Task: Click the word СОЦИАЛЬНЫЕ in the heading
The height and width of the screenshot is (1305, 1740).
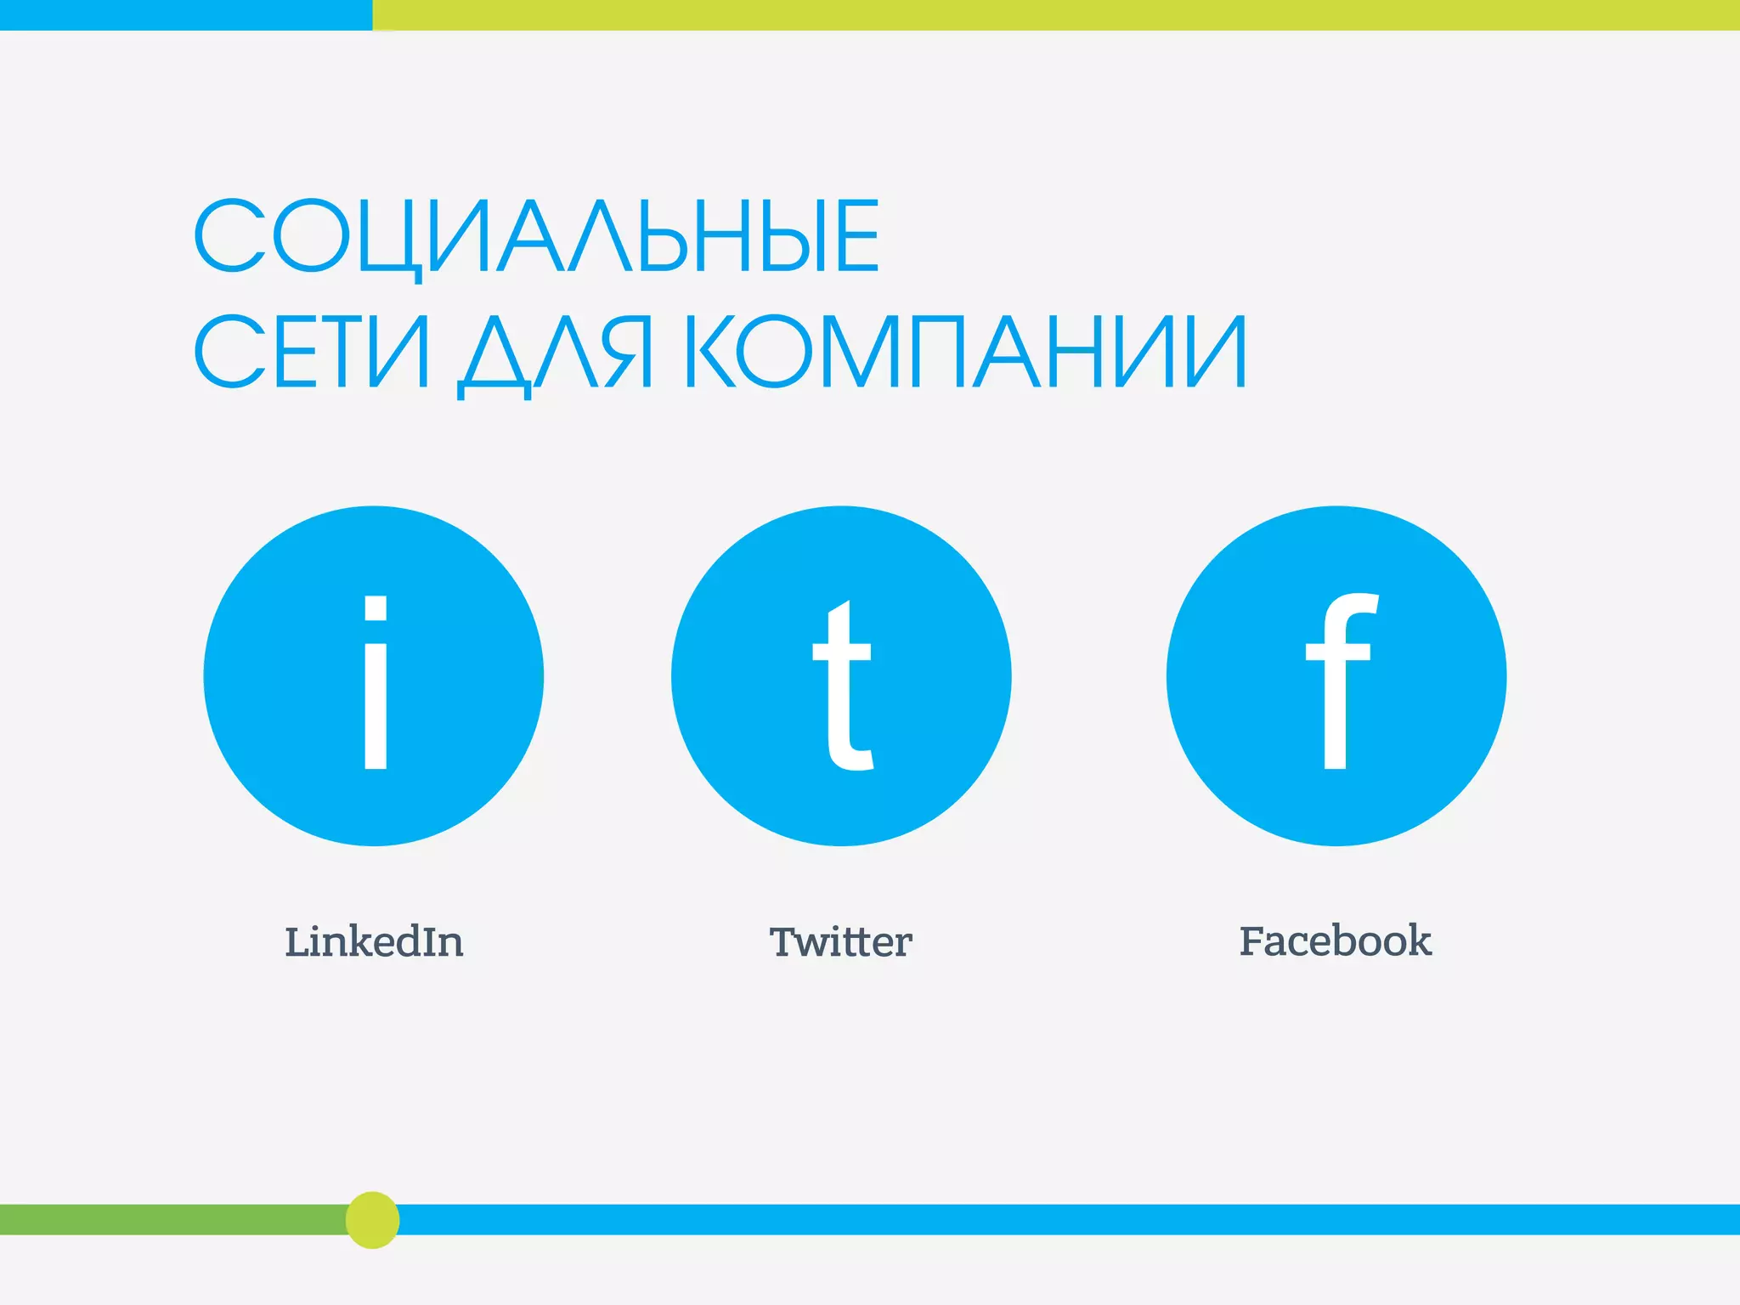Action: coord(537,236)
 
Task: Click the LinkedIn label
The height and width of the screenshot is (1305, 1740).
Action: coord(374,942)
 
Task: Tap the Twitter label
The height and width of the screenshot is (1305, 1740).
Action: coord(840,942)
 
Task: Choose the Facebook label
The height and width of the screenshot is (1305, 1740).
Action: coord(1335,941)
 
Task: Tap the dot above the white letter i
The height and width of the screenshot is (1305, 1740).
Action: coord(376,607)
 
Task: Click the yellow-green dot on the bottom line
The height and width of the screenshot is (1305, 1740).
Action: coord(372,1220)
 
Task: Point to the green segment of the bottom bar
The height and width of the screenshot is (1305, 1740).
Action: coord(170,1220)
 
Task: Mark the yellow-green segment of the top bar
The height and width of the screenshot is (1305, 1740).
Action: coord(1054,14)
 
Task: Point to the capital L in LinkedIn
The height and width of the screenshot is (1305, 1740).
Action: coord(297,942)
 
